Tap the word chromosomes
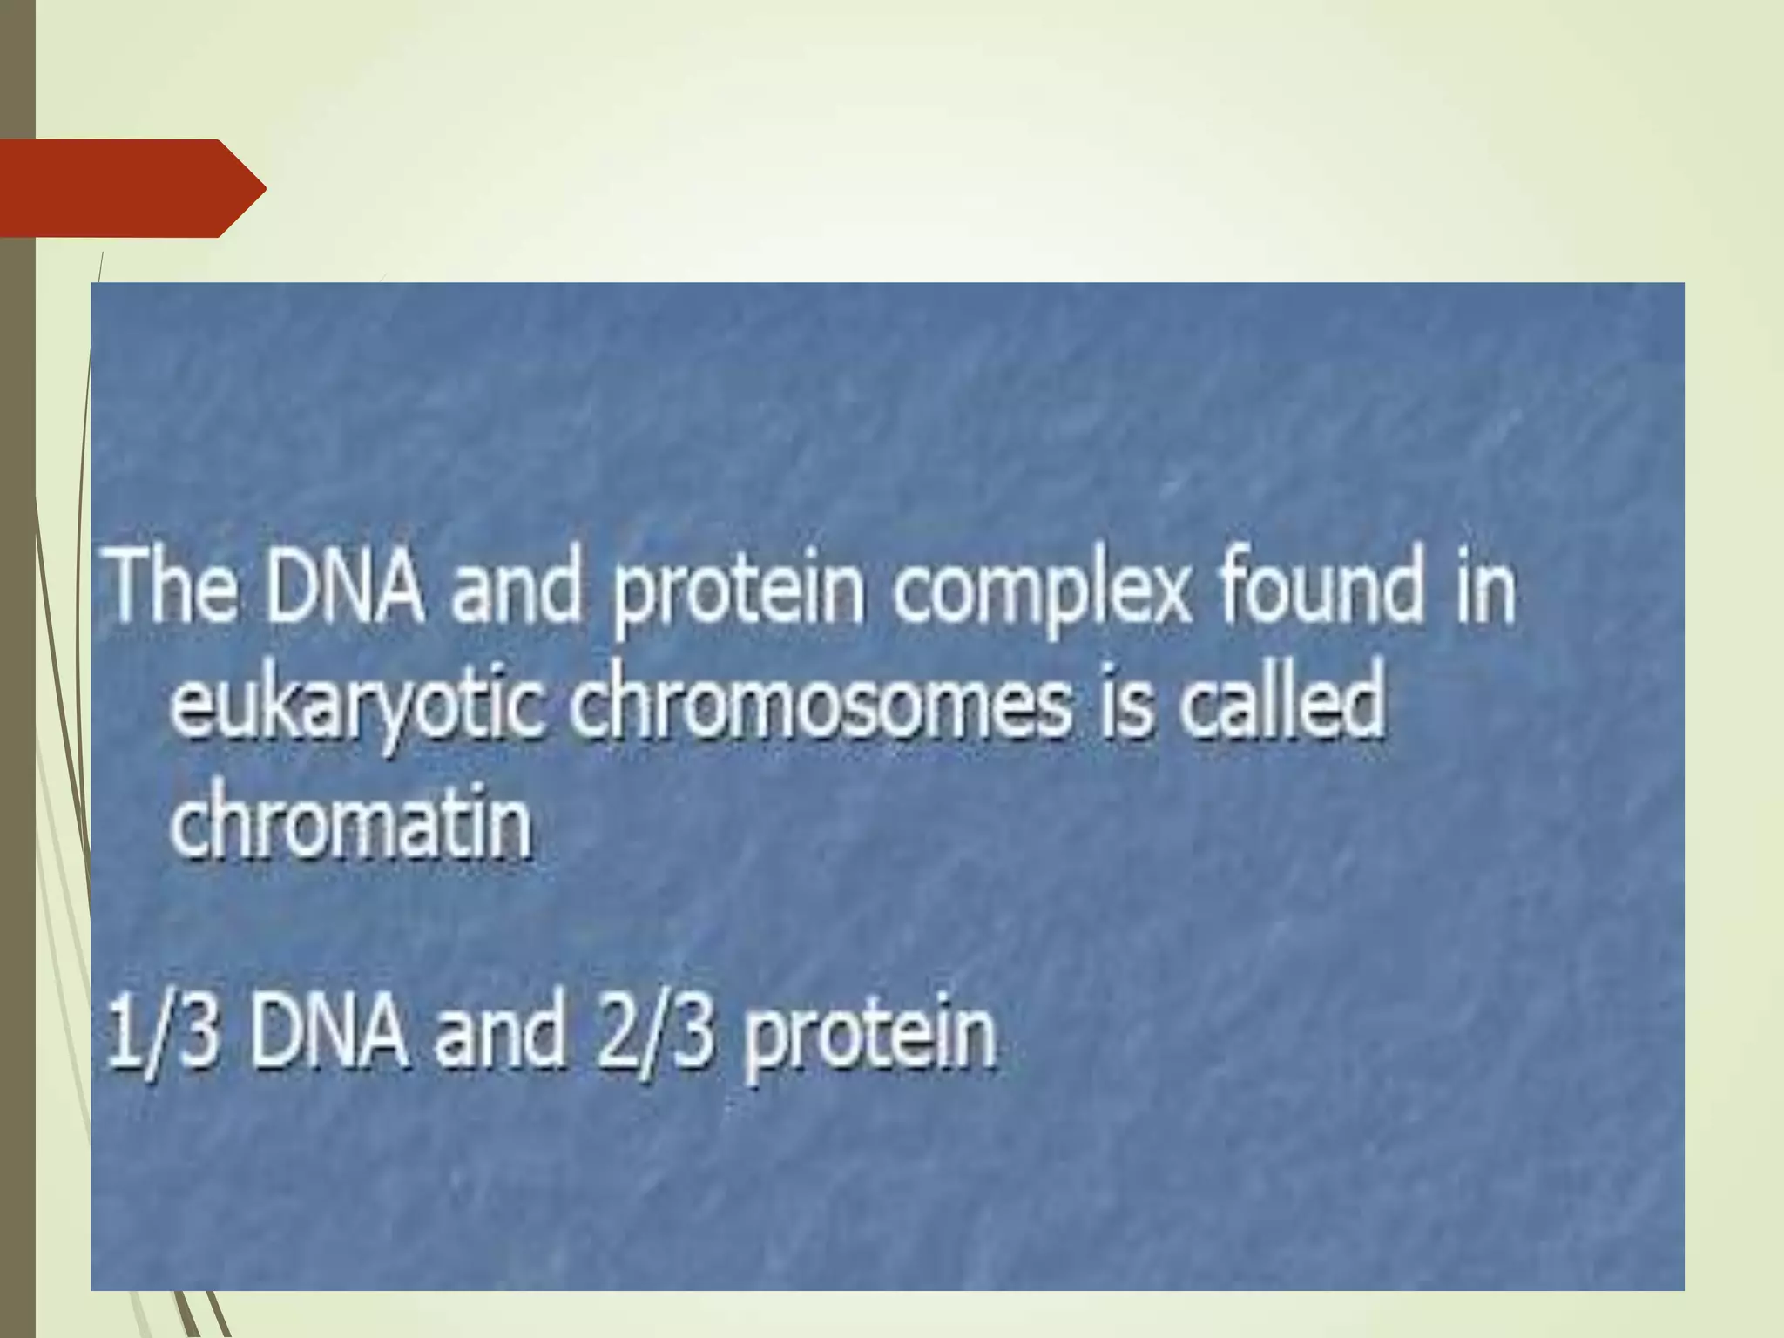pos(819,704)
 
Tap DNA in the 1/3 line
pos(328,1034)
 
